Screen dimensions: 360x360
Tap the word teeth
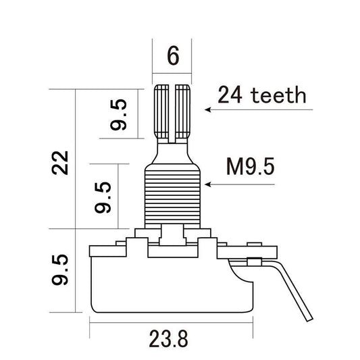pos(276,95)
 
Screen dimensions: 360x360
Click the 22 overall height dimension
pos(63,161)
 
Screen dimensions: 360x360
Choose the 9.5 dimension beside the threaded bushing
pos(103,196)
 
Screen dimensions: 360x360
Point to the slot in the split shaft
pos(174,111)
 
